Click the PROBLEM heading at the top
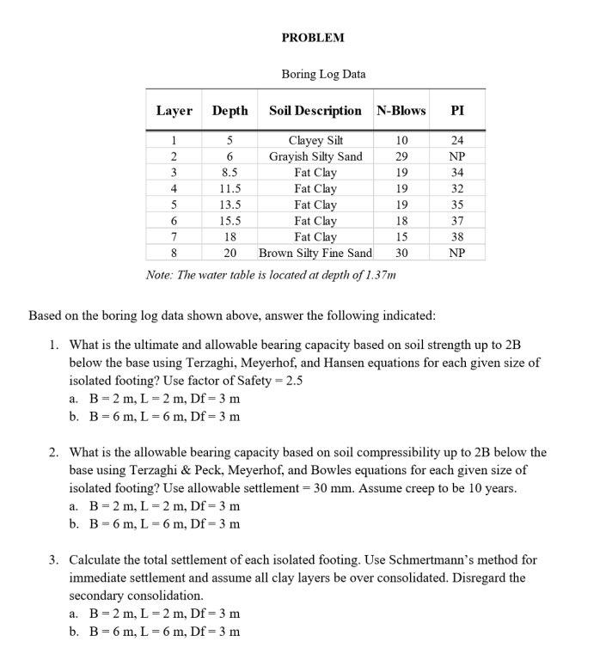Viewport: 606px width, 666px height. coord(313,38)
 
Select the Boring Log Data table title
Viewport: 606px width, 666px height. coord(323,74)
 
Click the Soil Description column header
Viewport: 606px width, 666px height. coord(315,111)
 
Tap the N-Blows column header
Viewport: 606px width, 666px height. coord(401,111)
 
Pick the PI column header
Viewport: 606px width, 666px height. coord(457,111)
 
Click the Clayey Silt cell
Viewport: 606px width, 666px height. coord(315,140)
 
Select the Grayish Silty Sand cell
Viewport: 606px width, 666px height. coord(315,156)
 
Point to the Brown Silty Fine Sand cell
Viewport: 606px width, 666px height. coord(315,253)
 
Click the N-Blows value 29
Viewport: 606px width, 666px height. coord(401,156)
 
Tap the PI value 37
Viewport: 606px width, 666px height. coord(457,221)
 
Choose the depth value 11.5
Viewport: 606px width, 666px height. coord(230,188)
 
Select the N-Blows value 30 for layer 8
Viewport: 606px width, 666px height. coord(401,253)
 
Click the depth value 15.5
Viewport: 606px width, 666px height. coord(230,221)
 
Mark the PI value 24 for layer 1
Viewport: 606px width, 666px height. coord(457,140)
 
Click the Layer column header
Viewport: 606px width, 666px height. coord(174,111)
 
